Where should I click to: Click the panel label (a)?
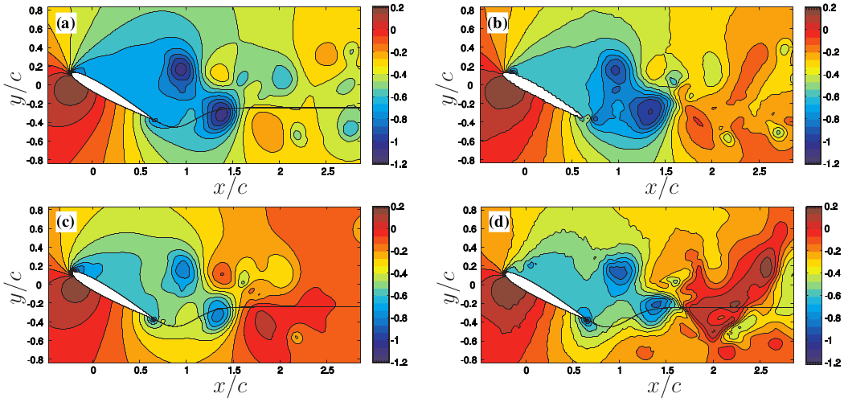coord(66,23)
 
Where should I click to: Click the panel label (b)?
coord(498,23)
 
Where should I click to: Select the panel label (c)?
coord(66,224)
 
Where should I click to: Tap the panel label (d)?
coord(498,224)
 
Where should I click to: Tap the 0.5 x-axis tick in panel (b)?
coord(572,171)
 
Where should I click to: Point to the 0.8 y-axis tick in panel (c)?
coord(35,211)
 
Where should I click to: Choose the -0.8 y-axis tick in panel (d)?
coord(464,360)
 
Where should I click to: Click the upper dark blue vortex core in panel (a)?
coord(181,68)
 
